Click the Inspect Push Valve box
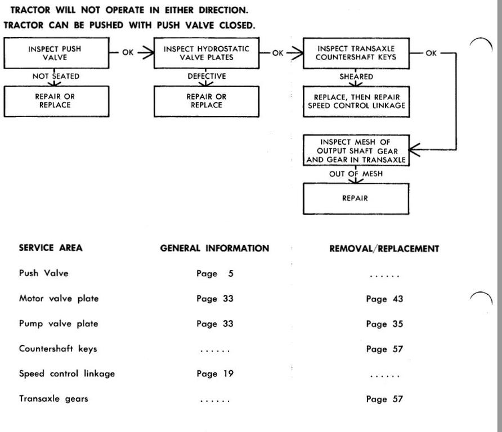coord(56,53)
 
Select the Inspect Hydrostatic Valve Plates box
coord(207,53)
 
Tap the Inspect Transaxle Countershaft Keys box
coord(356,53)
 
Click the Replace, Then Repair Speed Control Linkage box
coord(356,101)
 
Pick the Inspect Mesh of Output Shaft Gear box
coord(356,150)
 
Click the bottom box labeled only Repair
coord(356,199)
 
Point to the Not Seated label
coord(56,76)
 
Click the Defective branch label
coord(207,76)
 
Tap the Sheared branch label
coord(356,77)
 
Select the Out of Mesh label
coord(356,174)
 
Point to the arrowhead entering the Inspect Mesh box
coord(414,150)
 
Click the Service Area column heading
coord(51,247)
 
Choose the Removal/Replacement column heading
coord(384,249)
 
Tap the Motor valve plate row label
coord(59,299)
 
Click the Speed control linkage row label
coord(67,373)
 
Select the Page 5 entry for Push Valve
coord(215,273)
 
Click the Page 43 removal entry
coord(384,299)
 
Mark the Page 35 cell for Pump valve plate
coord(384,324)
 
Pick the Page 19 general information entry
coord(215,373)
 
